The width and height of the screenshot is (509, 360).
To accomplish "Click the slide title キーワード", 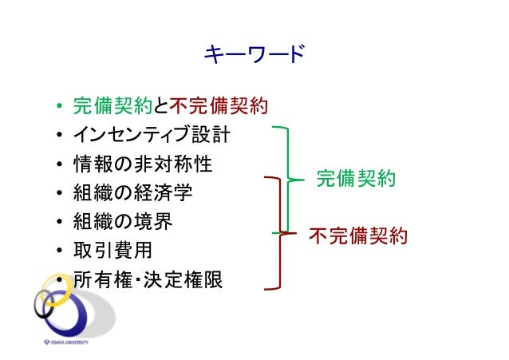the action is click(x=254, y=55).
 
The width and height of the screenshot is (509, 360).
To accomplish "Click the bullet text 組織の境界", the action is click(x=122, y=221).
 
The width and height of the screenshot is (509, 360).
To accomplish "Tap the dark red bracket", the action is click(x=280, y=231).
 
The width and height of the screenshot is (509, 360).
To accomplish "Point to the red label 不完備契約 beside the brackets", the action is click(x=358, y=235).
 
